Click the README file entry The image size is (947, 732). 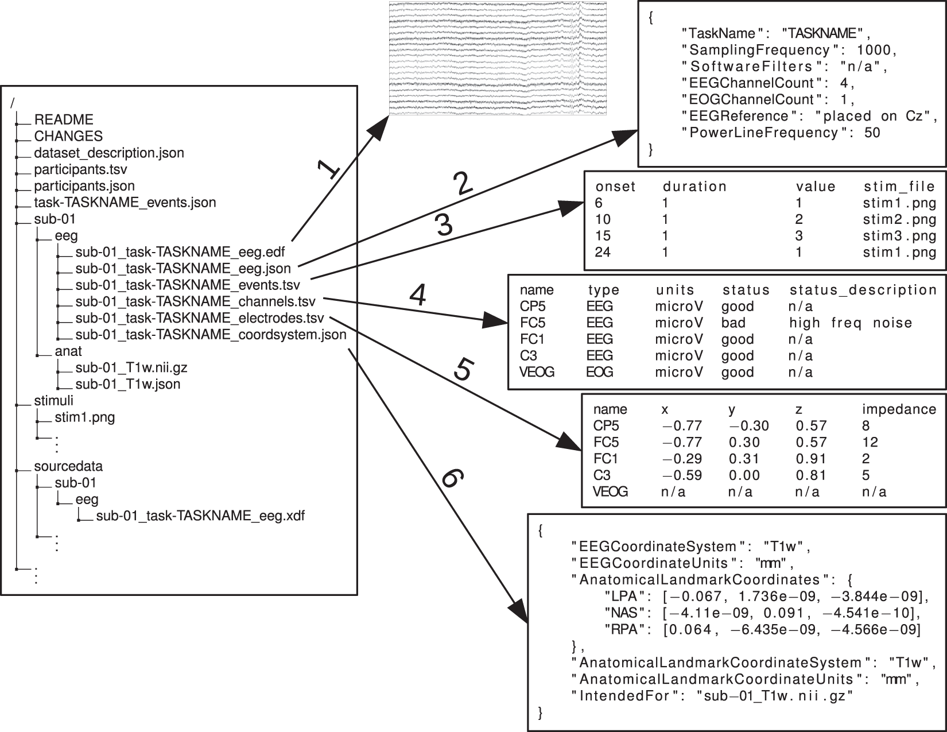point(63,120)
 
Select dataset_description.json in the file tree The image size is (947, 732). point(108,153)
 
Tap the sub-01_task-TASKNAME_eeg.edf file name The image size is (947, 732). point(180,252)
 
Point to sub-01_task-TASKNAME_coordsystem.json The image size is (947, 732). point(211,335)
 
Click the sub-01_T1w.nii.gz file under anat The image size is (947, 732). point(131,368)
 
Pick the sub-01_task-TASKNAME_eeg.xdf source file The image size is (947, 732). point(200,516)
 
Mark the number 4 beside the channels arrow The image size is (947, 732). point(418,296)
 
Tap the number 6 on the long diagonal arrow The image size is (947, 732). point(451,478)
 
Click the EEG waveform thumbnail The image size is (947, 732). point(497,58)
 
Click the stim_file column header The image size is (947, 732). point(899,187)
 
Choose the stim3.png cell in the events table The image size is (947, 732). point(899,236)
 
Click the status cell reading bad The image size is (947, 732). point(733,323)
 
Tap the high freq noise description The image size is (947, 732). point(851,323)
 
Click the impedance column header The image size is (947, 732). point(899,409)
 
